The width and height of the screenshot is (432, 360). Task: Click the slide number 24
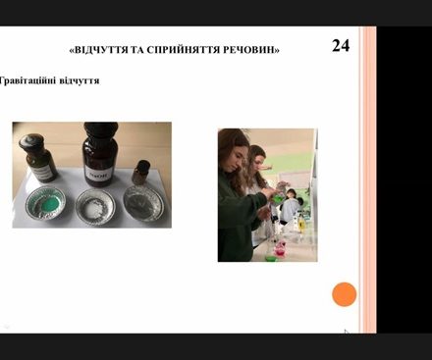(x=341, y=46)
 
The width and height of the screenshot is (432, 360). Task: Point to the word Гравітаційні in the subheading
(x=27, y=80)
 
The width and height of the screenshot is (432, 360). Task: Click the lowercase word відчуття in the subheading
(x=80, y=80)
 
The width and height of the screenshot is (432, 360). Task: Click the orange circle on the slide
(x=345, y=294)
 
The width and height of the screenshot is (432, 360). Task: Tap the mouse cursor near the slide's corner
(x=347, y=332)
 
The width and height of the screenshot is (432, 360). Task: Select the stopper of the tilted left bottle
(x=30, y=141)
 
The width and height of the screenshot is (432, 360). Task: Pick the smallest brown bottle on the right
(x=141, y=173)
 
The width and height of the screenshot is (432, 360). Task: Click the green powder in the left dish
(x=46, y=204)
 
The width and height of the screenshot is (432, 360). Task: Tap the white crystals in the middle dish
(x=95, y=207)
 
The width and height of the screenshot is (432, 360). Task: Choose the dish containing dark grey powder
(x=144, y=203)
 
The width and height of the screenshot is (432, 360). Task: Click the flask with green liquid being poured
(x=279, y=195)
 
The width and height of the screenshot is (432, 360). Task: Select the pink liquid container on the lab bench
(x=280, y=248)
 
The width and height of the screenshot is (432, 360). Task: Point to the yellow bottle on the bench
(x=301, y=224)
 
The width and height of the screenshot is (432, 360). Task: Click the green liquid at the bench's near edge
(x=270, y=258)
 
